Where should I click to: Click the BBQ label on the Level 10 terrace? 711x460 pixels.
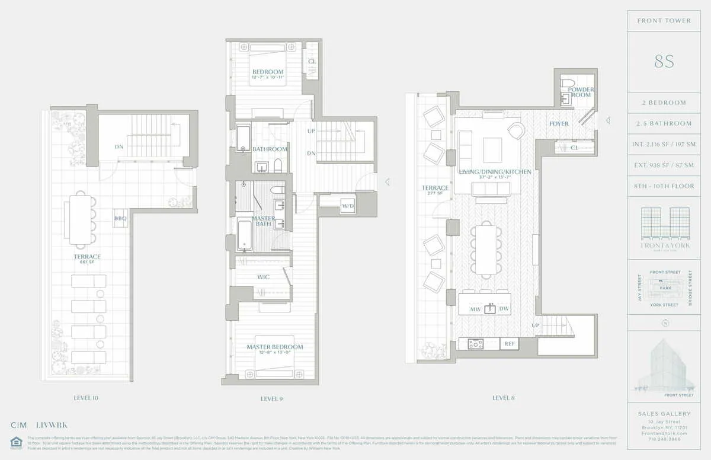(x=120, y=219)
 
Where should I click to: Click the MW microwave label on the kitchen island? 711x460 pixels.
(x=475, y=309)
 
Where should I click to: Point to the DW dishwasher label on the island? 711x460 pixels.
(x=504, y=309)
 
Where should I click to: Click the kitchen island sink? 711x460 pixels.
(x=490, y=309)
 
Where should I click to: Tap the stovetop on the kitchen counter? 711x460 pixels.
(x=475, y=343)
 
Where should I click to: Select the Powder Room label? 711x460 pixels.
(x=581, y=92)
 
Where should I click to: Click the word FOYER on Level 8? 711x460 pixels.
(x=559, y=124)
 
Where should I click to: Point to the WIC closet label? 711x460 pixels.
(x=264, y=277)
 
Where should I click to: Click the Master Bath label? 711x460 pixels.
(x=263, y=221)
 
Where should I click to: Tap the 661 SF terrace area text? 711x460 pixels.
(x=87, y=263)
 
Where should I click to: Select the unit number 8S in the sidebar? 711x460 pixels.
(x=664, y=62)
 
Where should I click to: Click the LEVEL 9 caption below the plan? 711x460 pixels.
(x=271, y=398)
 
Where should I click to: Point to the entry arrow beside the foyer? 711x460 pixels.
(x=607, y=121)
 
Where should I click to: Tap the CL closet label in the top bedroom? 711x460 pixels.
(x=312, y=61)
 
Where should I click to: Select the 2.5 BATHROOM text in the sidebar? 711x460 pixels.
(x=664, y=123)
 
